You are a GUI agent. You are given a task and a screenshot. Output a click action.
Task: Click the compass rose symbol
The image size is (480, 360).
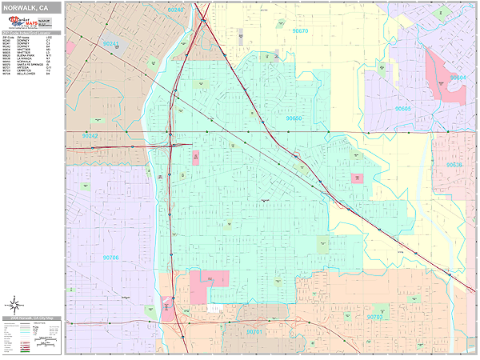[x=14, y=304]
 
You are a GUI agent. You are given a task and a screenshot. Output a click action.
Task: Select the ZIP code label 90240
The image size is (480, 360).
[x=175, y=10]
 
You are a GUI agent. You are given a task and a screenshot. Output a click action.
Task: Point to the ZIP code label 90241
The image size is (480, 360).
[x=113, y=44]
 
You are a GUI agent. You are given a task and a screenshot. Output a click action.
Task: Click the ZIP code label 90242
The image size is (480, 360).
[x=90, y=137]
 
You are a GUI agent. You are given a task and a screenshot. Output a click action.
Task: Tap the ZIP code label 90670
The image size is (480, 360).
[x=300, y=30]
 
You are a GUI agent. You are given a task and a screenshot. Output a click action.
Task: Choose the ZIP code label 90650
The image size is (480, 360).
[x=294, y=118]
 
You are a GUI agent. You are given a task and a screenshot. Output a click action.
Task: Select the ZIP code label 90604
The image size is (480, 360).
[x=458, y=78]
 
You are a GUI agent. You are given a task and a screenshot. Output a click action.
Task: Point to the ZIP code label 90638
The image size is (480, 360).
[x=454, y=165]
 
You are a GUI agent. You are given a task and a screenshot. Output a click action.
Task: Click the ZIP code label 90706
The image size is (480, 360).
[x=110, y=258]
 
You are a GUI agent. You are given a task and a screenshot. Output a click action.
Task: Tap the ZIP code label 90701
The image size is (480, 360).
[x=254, y=330]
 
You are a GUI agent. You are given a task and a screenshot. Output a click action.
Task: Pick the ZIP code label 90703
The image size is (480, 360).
[x=375, y=318]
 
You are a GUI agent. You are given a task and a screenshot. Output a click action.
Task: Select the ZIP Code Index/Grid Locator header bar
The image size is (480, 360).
[x=32, y=33]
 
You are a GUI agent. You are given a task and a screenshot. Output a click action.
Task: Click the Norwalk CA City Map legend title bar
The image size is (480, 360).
[x=32, y=318]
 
